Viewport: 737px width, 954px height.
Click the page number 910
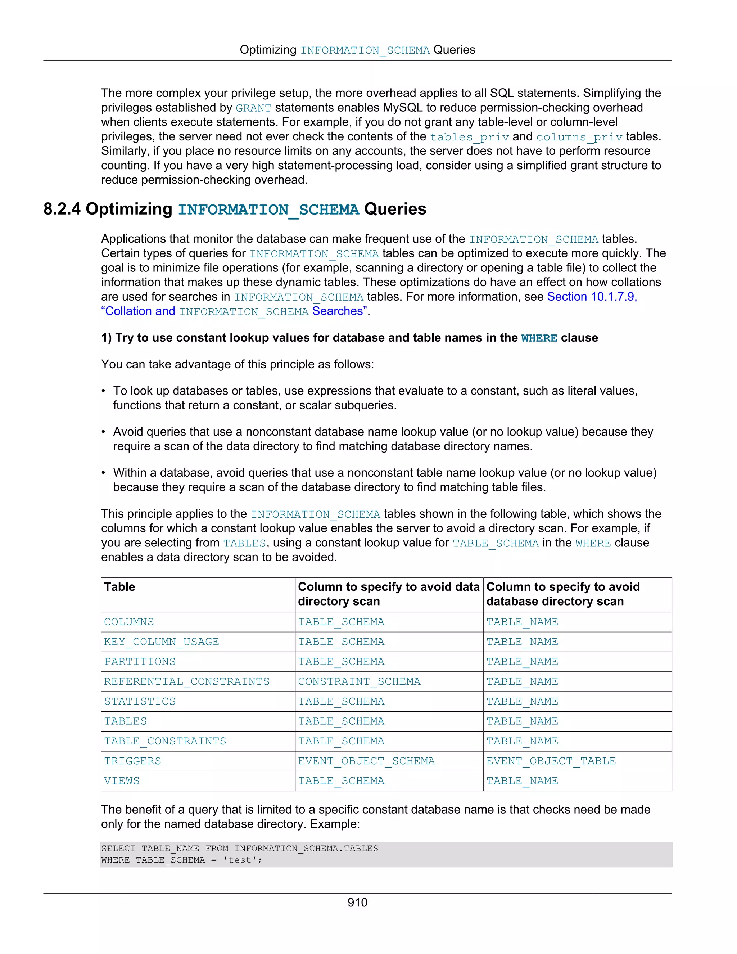(357, 903)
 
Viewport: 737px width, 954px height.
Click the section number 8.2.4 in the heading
(62, 209)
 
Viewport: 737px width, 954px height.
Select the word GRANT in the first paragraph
(253, 108)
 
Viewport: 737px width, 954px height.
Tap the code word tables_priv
(469, 137)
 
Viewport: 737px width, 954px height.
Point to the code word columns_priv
(579, 137)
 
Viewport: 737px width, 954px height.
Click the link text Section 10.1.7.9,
(592, 297)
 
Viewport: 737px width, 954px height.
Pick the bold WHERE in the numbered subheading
(539, 338)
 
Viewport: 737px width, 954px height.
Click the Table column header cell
(119, 587)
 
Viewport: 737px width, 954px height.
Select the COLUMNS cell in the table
(129, 622)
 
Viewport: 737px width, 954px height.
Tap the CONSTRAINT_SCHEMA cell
(359, 681)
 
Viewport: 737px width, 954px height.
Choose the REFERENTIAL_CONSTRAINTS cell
(186, 681)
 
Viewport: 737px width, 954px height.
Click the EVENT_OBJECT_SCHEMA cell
(366, 761)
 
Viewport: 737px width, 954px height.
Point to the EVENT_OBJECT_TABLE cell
(551, 761)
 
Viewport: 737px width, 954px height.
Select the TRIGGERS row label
(132, 761)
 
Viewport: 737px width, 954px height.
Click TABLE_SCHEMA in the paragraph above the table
(495, 543)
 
